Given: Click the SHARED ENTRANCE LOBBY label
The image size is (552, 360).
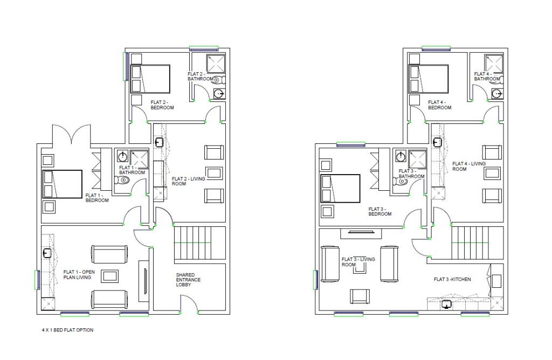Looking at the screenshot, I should [x=187, y=280].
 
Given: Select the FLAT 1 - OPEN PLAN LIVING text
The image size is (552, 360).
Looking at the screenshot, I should [x=79, y=275].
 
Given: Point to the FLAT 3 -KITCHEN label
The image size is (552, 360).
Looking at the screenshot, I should [x=452, y=279].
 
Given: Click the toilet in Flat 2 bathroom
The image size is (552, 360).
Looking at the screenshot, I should [x=219, y=80].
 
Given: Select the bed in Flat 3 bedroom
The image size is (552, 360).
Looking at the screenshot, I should [x=340, y=188].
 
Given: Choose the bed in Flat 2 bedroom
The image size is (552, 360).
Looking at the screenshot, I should [x=150, y=79].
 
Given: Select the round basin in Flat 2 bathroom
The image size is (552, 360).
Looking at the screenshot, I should [x=219, y=93].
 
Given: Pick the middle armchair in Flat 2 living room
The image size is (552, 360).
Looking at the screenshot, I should [x=214, y=173].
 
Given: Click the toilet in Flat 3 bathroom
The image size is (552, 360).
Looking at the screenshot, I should [x=402, y=182].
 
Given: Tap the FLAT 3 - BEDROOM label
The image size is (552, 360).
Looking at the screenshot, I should [x=380, y=211].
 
